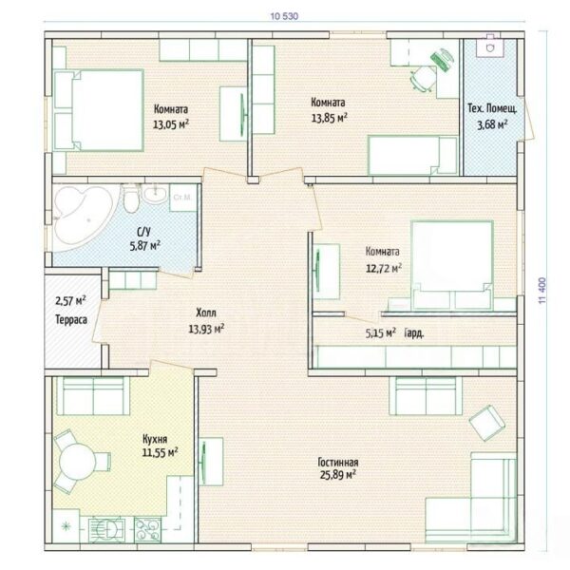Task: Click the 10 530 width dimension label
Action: pyautogui.click(x=284, y=16)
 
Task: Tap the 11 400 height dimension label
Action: pyautogui.click(x=542, y=291)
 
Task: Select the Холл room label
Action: pyautogui.click(x=206, y=313)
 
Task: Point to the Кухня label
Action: pyautogui.click(x=155, y=439)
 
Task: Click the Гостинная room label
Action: pyautogui.click(x=338, y=462)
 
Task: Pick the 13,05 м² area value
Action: pyautogui.click(x=171, y=124)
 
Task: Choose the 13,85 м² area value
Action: pyautogui.click(x=330, y=118)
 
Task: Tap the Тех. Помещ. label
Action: pyautogui.click(x=492, y=108)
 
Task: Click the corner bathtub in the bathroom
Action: pyautogui.click(x=82, y=218)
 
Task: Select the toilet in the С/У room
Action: pyautogui.click(x=130, y=199)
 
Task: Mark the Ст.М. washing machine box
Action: pyautogui.click(x=183, y=198)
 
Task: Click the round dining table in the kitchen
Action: pyautogui.click(x=77, y=462)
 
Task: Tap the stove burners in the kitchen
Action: pyautogui.click(x=147, y=530)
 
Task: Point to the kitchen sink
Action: pyautogui.click(x=107, y=530)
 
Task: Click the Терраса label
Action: pyautogui.click(x=71, y=319)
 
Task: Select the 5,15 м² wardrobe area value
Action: pyautogui.click(x=381, y=332)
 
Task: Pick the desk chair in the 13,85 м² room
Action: pyautogui.click(x=423, y=78)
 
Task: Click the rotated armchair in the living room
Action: pyautogui.click(x=487, y=424)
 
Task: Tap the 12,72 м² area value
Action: pyautogui.click(x=384, y=268)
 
